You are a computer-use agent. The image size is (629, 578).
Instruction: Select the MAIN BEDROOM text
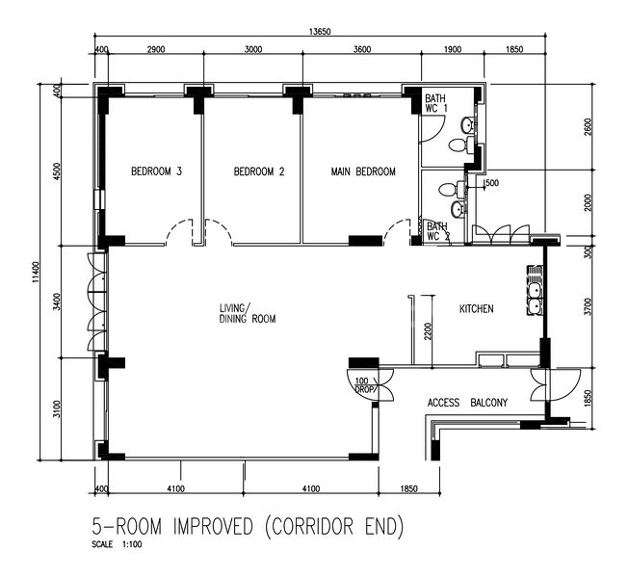(363, 172)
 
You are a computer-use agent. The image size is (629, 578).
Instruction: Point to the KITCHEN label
(476, 309)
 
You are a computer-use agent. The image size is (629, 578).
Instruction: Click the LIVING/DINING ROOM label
(248, 312)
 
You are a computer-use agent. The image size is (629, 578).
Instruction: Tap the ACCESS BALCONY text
(466, 403)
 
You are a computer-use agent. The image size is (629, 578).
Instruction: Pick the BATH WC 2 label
(438, 231)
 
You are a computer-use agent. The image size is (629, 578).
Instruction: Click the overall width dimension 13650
(320, 32)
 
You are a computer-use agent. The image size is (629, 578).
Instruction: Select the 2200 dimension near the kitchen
(430, 333)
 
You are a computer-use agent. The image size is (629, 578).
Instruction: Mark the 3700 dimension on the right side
(589, 307)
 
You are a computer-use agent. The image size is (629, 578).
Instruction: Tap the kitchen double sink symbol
(534, 289)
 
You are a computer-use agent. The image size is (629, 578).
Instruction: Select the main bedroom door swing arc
(397, 232)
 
